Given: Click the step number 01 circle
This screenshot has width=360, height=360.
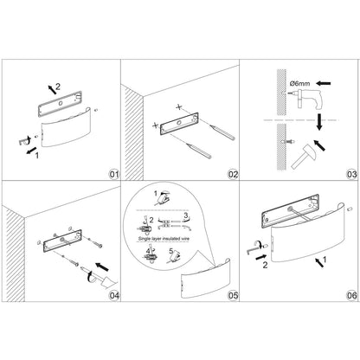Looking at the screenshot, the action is pyautogui.click(x=114, y=175).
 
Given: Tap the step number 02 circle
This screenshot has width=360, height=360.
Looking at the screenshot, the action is pyautogui.click(x=233, y=175).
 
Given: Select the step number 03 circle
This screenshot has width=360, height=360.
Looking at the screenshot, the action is pyautogui.click(x=352, y=175).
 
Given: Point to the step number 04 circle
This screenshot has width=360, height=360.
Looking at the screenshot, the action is pyautogui.click(x=114, y=295).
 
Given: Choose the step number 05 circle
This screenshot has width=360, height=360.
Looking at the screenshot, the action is pyautogui.click(x=233, y=295).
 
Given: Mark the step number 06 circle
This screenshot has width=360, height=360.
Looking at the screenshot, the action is pyautogui.click(x=352, y=295).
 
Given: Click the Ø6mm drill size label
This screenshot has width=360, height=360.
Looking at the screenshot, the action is pyautogui.click(x=300, y=84).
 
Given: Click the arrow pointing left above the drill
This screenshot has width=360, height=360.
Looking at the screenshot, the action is pyautogui.click(x=324, y=84).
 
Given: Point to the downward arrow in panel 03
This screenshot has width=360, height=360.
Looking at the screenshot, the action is pyautogui.click(x=319, y=122).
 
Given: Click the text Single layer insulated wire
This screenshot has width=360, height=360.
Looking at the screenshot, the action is pyautogui.click(x=164, y=239).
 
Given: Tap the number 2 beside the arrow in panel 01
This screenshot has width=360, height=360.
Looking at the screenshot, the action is pyautogui.click(x=58, y=86).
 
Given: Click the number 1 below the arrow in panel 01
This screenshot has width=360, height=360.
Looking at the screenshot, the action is pyautogui.click(x=36, y=156).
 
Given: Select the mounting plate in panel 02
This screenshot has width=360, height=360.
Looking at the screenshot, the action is pyautogui.click(x=179, y=124).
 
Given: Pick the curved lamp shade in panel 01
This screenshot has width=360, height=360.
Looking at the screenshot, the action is pyautogui.click(x=67, y=128).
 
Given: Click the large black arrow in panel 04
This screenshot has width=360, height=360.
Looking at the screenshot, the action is pyautogui.click(x=102, y=267).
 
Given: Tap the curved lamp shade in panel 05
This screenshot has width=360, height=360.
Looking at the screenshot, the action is pyautogui.click(x=205, y=279).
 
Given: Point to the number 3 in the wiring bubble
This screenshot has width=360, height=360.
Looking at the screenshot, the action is pyautogui.click(x=186, y=215).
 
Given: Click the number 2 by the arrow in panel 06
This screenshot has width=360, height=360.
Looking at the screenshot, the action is pyautogui.click(x=265, y=265).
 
